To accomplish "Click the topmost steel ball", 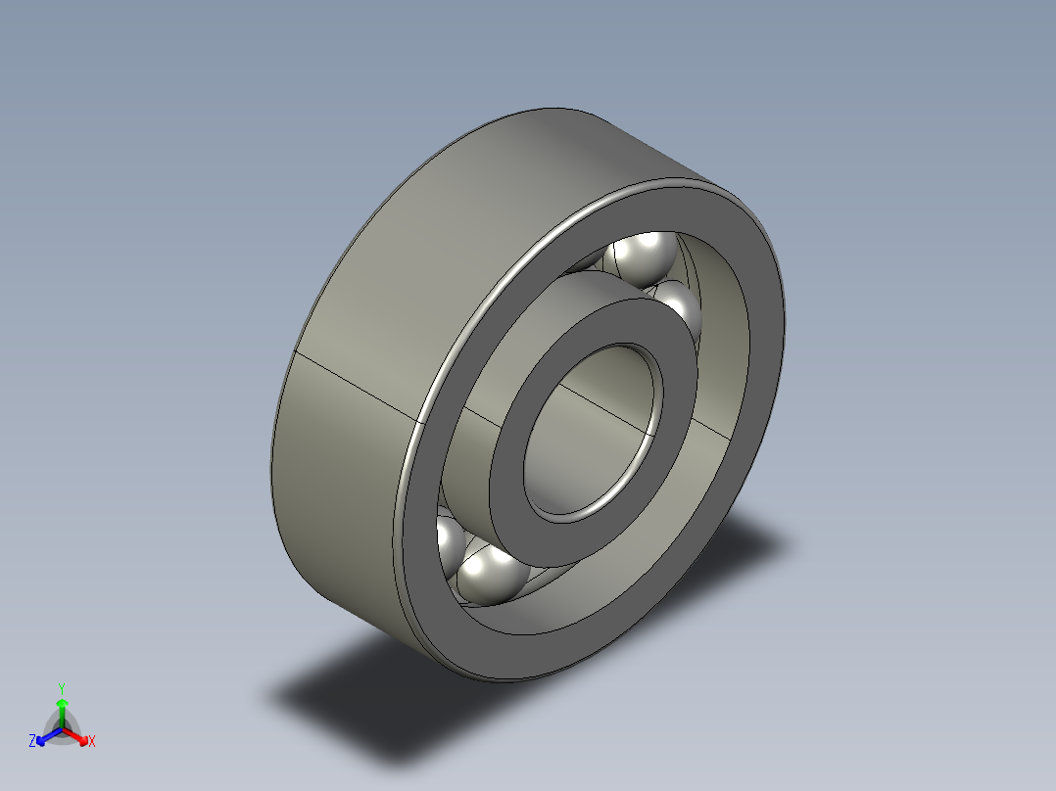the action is [641, 258].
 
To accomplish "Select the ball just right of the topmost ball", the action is [679, 309].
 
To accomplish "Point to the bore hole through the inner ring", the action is [591, 432].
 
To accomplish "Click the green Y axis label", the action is [62, 688].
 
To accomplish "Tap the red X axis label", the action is [92, 741].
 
